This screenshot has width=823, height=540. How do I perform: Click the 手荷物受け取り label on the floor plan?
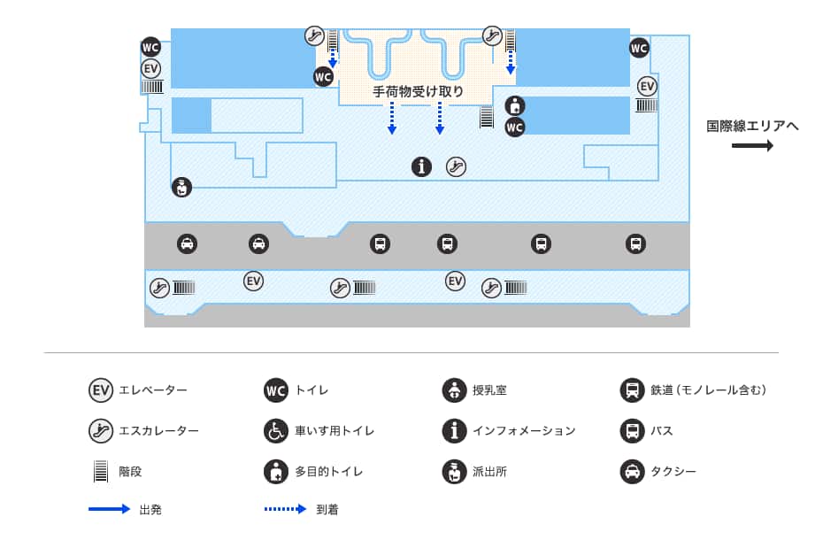(418, 91)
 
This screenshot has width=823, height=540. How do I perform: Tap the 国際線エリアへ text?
(752, 126)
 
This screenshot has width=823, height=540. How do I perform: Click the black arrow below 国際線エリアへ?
(752, 146)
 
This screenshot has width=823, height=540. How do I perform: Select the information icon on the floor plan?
(422, 166)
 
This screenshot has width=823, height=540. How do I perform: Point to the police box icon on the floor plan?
(181, 187)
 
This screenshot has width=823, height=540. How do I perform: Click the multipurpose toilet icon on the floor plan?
(515, 105)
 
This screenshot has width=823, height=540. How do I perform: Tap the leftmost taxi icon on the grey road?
(187, 243)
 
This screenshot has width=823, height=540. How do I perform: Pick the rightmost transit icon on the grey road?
(635, 243)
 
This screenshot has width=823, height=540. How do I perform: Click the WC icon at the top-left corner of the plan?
(151, 47)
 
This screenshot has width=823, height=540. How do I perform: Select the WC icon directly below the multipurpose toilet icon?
(515, 127)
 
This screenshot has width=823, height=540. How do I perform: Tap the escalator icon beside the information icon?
(456, 166)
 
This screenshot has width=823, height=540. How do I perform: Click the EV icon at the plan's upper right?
(648, 86)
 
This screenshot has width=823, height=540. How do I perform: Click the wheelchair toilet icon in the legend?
(276, 431)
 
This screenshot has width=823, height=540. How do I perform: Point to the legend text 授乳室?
(489, 390)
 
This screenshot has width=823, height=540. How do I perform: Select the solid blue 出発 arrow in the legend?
(110, 509)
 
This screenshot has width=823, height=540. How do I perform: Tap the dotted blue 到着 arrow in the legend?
(285, 509)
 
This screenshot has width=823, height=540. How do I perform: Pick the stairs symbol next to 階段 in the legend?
(101, 472)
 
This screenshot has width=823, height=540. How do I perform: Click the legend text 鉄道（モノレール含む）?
(708, 390)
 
